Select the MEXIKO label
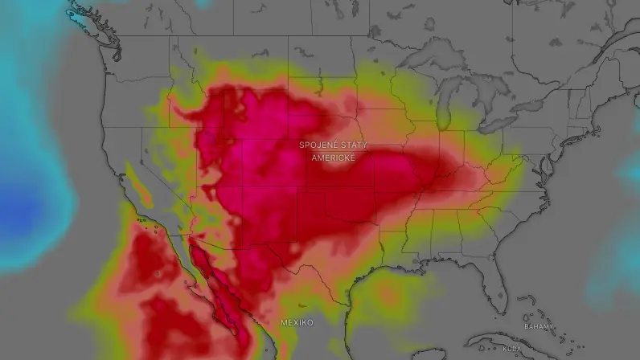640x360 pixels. [x=297, y=322]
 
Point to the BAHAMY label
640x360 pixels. [x=538, y=326]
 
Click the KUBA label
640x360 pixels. [x=512, y=349]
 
